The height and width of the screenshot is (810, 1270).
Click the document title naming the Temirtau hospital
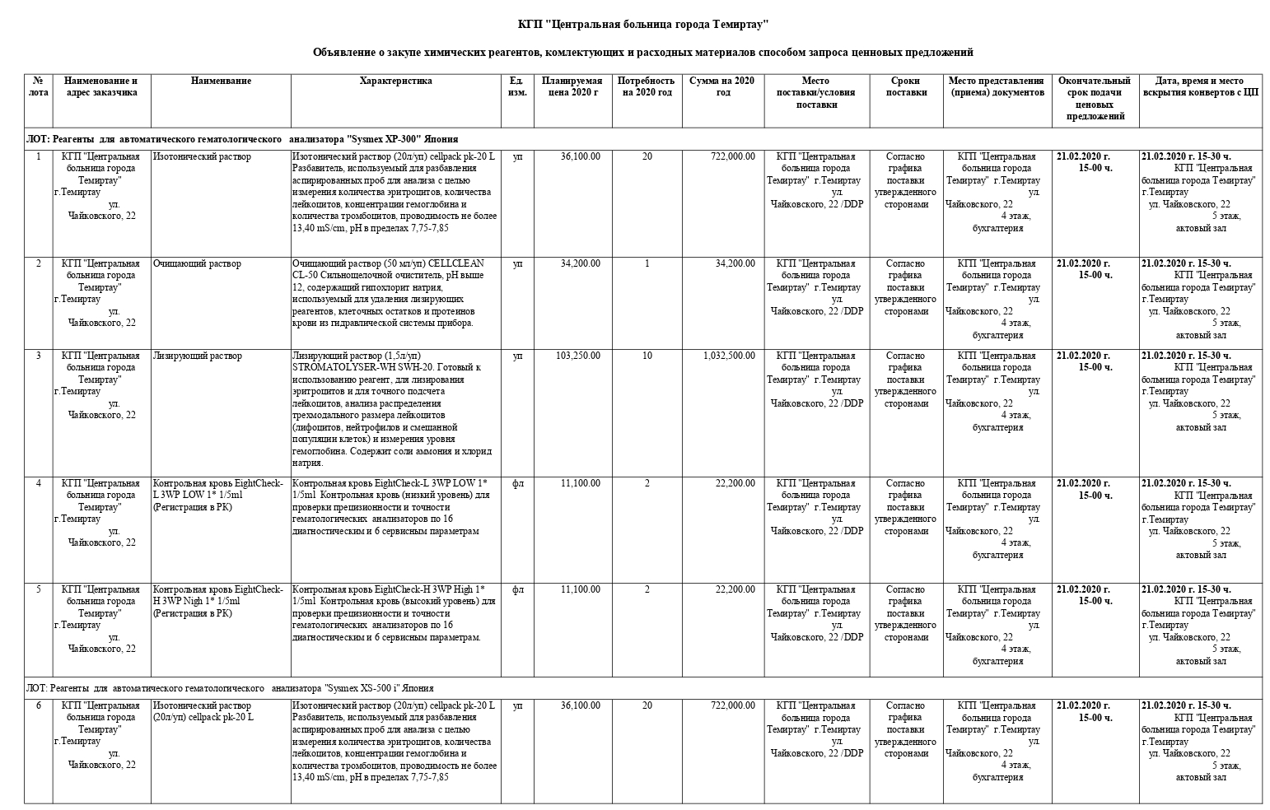tap(642, 23)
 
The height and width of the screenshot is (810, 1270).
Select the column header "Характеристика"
tap(395, 81)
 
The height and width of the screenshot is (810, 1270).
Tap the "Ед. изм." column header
tap(517, 86)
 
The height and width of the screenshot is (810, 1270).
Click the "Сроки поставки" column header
tap(906, 86)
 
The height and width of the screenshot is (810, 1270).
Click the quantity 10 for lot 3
tap(647, 356)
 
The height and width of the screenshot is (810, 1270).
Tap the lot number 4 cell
tap(38, 483)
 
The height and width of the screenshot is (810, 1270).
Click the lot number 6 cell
tap(38, 705)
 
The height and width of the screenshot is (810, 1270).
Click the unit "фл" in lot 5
tap(517, 589)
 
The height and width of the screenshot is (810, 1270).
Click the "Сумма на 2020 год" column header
tap(721, 86)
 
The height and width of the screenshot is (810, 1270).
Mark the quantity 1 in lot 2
tap(647, 263)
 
